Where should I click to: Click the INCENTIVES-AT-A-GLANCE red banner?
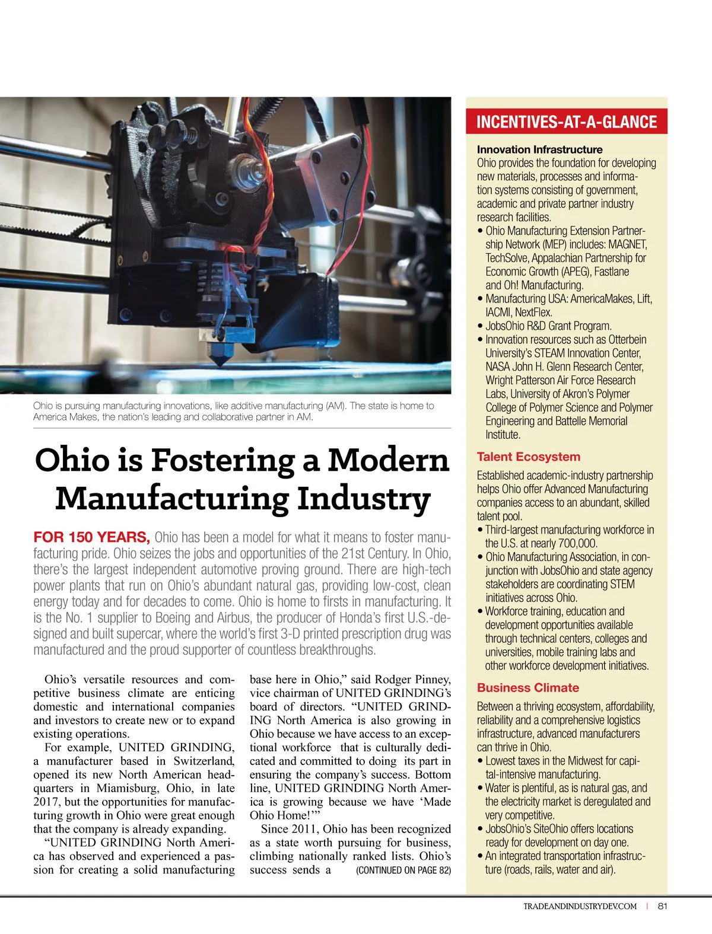[x=566, y=122]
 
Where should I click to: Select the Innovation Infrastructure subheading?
[x=539, y=149]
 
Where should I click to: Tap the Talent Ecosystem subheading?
[x=528, y=457]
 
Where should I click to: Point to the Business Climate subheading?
[x=527, y=688]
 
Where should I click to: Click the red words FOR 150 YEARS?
[x=91, y=537]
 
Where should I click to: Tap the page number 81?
[x=663, y=906]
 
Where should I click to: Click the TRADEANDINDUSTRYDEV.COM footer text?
[x=580, y=906]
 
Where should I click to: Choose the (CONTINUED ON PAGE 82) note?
[x=403, y=871]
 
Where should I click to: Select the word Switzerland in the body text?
[x=204, y=761]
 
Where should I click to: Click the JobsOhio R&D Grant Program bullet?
[x=548, y=326]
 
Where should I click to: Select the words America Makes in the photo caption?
[x=66, y=417]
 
